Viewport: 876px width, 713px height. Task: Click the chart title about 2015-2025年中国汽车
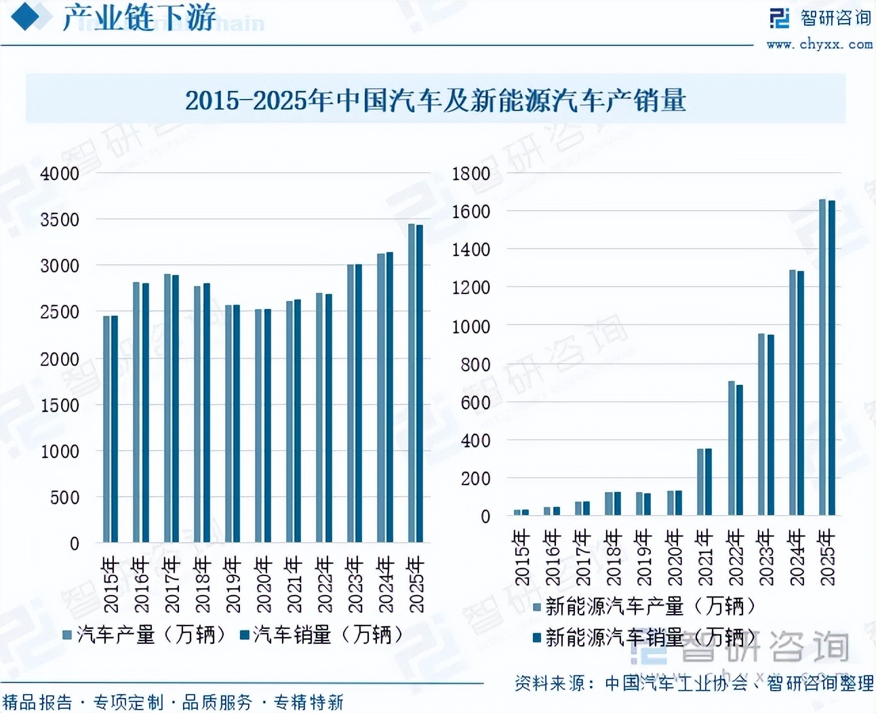pyautogui.click(x=435, y=100)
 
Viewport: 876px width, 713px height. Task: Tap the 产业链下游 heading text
pyautogui.click(x=139, y=18)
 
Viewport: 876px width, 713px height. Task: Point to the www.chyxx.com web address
pyautogui.click(x=820, y=45)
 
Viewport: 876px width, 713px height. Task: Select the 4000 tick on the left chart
pyautogui.click(x=60, y=174)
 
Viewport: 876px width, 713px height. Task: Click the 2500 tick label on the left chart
pyautogui.click(x=60, y=312)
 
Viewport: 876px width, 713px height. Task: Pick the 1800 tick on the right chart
pyautogui.click(x=471, y=174)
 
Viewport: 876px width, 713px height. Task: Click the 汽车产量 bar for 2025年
pyautogui.click(x=412, y=383)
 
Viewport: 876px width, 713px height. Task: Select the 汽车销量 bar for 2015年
pyautogui.click(x=115, y=429)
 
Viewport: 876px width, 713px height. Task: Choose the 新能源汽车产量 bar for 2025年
pyautogui.click(x=822, y=357)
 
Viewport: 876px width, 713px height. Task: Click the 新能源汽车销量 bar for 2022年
pyautogui.click(x=740, y=450)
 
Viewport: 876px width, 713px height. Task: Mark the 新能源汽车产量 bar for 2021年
pyautogui.click(x=700, y=482)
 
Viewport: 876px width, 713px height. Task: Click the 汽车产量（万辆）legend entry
pyautogui.click(x=144, y=635)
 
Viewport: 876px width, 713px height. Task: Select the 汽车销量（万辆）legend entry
pyautogui.click(x=321, y=635)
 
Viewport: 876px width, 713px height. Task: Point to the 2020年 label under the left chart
pyautogui.click(x=263, y=584)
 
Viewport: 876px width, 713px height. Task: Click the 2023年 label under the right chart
pyautogui.click(x=766, y=557)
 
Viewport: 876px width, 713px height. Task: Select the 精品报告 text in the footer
pyautogui.click(x=38, y=702)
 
